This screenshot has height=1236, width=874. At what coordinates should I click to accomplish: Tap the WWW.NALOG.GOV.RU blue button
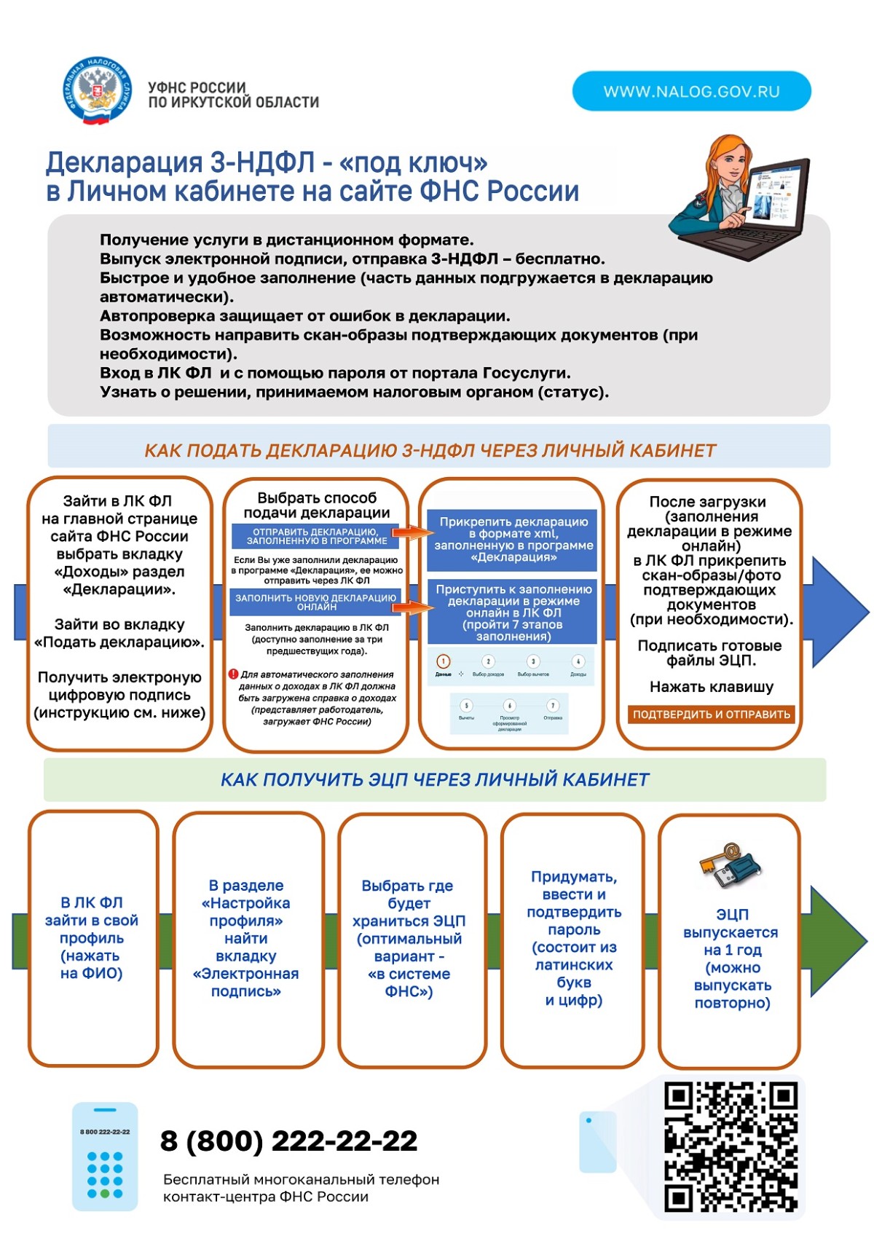pyautogui.click(x=691, y=91)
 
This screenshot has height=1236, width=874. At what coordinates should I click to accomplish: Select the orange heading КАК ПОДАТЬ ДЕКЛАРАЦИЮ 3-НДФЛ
pyautogui.click(x=430, y=451)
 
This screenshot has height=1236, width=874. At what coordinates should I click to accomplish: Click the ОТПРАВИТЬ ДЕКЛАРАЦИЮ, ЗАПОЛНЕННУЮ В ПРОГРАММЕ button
pyautogui.click(x=316, y=537)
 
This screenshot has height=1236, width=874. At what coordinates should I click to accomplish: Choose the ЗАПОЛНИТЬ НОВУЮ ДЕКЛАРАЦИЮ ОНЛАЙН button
pyautogui.click(x=316, y=602)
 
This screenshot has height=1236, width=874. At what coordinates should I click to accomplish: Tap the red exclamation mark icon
pyautogui.click(x=233, y=674)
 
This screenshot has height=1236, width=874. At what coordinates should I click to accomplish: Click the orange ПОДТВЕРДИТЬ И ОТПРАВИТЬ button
pyautogui.click(x=711, y=715)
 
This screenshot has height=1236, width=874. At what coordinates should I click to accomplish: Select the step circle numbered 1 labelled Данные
pyautogui.click(x=443, y=661)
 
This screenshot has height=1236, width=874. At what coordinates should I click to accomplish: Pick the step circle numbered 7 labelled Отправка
pyautogui.click(x=553, y=706)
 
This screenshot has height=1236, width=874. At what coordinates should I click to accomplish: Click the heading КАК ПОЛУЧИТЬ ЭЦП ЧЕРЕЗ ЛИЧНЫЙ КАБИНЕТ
pyautogui.click(x=435, y=780)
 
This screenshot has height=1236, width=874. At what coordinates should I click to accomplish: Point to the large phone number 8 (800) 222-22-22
pyautogui.click(x=289, y=1141)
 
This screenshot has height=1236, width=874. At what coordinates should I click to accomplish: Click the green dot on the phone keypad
pyautogui.click(x=106, y=1194)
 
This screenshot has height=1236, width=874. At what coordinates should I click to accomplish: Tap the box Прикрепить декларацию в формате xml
pyautogui.click(x=513, y=539)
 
